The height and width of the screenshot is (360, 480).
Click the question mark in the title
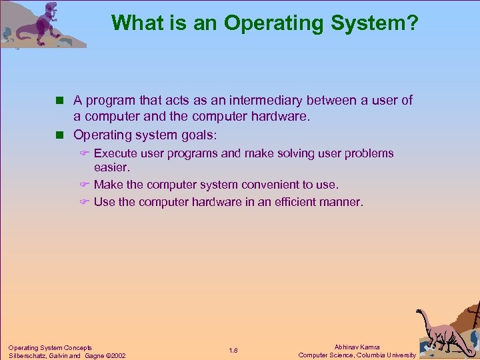413,23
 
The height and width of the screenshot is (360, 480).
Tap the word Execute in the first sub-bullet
115,153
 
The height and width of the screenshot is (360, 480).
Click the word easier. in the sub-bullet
112,168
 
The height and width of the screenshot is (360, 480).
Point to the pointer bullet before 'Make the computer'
85,185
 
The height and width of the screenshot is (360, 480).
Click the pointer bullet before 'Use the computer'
85,202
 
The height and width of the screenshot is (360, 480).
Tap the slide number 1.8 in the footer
233,351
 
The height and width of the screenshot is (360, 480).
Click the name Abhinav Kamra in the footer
357,347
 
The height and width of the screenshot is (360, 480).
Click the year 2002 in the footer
117,355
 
